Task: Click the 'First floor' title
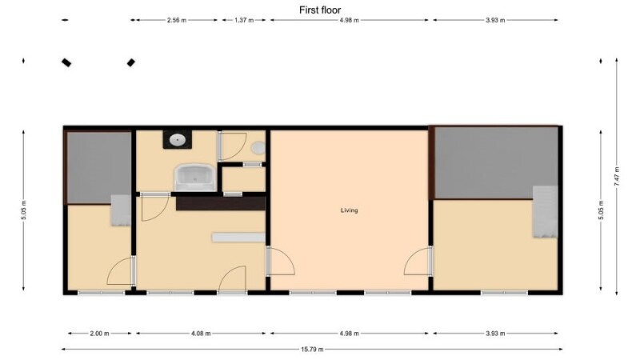pos(319,10)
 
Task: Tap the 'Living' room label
pos(350,210)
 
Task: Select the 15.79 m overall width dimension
pos(312,349)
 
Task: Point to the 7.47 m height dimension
pos(616,177)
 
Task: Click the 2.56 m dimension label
pos(177,20)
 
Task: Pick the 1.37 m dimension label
pos(244,20)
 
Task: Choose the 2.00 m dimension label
pos(99,334)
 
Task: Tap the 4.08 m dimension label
pos(201,334)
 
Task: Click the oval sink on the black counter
pos(178,140)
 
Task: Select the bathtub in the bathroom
pos(195,177)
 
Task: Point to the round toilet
pos(258,148)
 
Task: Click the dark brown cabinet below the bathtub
pos(221,203)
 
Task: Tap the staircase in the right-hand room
pos(545,211)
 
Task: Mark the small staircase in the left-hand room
pos(121,210)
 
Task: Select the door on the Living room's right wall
pos(418,261)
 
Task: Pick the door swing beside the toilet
pos(232,146)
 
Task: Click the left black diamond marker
pos(66,62)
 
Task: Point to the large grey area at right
pos(496,162)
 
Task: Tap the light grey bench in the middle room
pos(238,238)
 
